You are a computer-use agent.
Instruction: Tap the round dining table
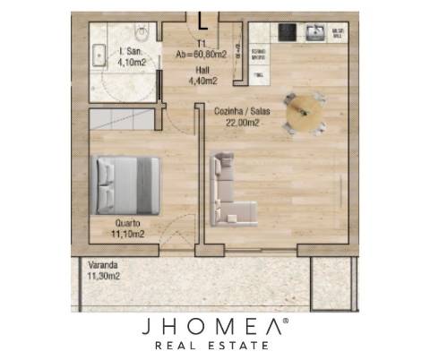(304, 114)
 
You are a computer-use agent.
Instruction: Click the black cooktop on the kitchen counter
(288, 33)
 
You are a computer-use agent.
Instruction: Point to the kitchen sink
(315, 33)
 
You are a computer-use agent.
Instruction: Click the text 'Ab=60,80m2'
(201, 54)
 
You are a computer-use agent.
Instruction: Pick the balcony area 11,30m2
(104, 277)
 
